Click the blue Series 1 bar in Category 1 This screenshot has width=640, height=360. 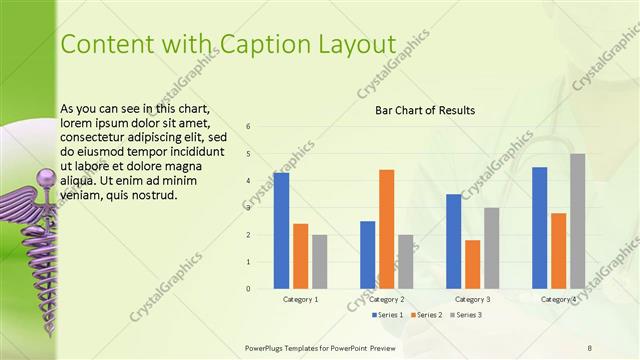(281, 231)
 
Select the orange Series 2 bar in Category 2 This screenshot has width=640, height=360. (386, 229)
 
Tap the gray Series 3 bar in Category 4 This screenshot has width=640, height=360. (577, 221)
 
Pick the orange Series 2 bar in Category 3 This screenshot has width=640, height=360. (472, 264)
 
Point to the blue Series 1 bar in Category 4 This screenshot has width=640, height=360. (539, 228)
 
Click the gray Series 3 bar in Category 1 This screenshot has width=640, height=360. (319, 262)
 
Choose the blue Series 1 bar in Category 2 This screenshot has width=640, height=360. (367, 255)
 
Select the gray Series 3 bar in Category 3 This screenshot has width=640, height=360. (491, 248)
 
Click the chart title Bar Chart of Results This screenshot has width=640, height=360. (425, 110)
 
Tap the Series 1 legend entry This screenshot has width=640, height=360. (388, 315)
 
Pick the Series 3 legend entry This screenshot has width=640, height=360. (466, 315)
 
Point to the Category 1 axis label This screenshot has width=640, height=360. (300, 299)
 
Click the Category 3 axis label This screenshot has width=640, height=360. (472, 299)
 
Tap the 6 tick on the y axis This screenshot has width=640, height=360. (249, 126)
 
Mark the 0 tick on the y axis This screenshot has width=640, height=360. (249, 289)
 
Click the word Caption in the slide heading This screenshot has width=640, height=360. (254, 43)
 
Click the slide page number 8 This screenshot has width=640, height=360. (589, 347)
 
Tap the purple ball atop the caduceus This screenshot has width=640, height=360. (43, 178)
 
